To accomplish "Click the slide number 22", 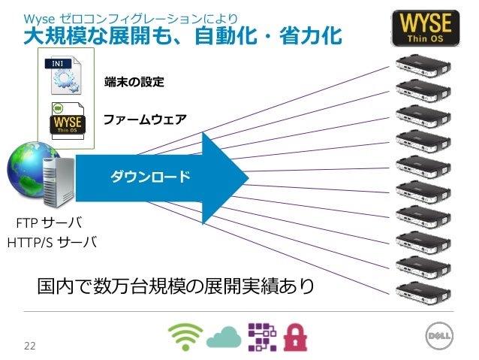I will pos(30,346).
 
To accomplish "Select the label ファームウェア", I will pos(144,119).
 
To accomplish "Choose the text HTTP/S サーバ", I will pos(51,243).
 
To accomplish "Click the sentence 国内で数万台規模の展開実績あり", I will pos(176,286).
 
